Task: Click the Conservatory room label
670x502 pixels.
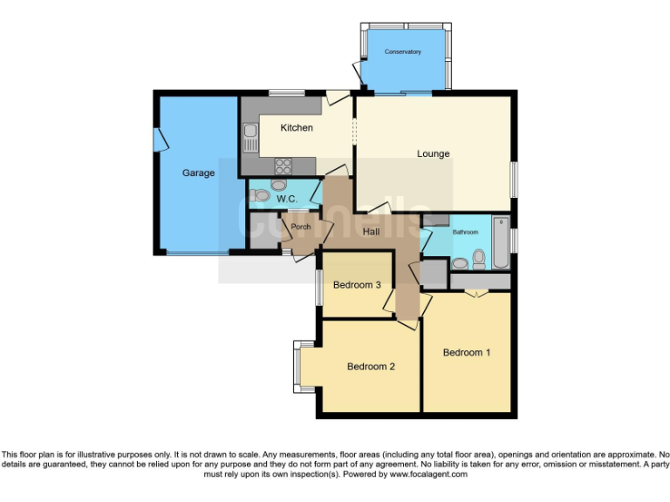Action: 403,52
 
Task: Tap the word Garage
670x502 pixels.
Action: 198,173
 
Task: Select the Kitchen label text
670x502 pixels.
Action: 297,128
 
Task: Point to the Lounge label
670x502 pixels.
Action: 433,154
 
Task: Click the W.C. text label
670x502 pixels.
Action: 288,200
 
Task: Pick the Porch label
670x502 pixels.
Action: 301,227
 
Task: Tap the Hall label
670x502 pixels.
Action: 371,231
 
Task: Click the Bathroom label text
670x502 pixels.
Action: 465,233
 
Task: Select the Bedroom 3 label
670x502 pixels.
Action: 358,285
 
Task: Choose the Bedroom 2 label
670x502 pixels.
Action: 371,367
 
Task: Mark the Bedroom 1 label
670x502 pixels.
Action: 467,353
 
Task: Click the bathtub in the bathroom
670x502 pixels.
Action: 501,242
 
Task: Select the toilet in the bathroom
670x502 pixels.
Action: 478,259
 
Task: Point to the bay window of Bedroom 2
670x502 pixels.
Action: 297,365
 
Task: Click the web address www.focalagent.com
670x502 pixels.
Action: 428,475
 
